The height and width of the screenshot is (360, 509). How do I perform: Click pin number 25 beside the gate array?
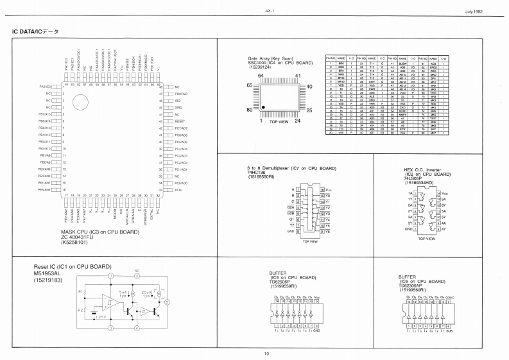(309, 110)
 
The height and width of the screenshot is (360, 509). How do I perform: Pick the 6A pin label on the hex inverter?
(439, 198)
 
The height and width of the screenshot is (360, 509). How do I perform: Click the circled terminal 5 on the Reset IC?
(185, 301)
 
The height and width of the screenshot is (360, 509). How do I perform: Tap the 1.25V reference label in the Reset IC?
(101, 316)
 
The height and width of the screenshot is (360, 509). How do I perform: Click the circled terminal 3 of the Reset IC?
(110, 328)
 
